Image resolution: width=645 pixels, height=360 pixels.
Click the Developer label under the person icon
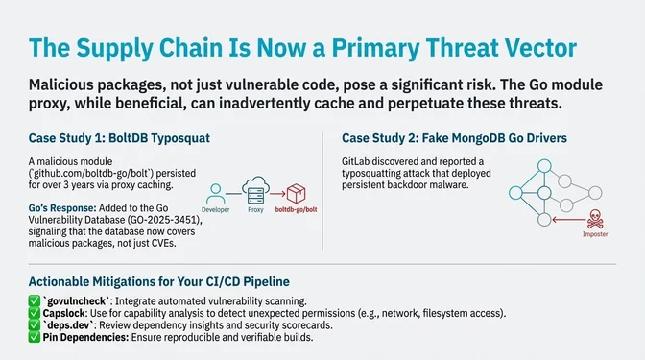point(216,207)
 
